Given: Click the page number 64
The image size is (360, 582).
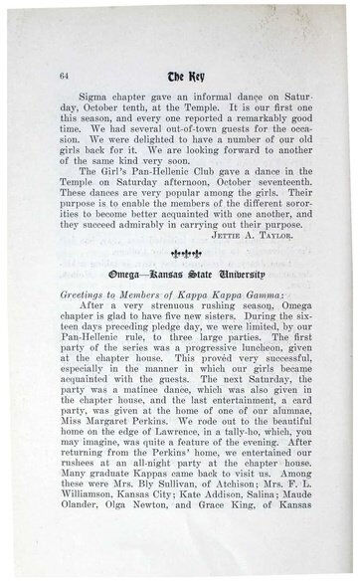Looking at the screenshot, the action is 65,76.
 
